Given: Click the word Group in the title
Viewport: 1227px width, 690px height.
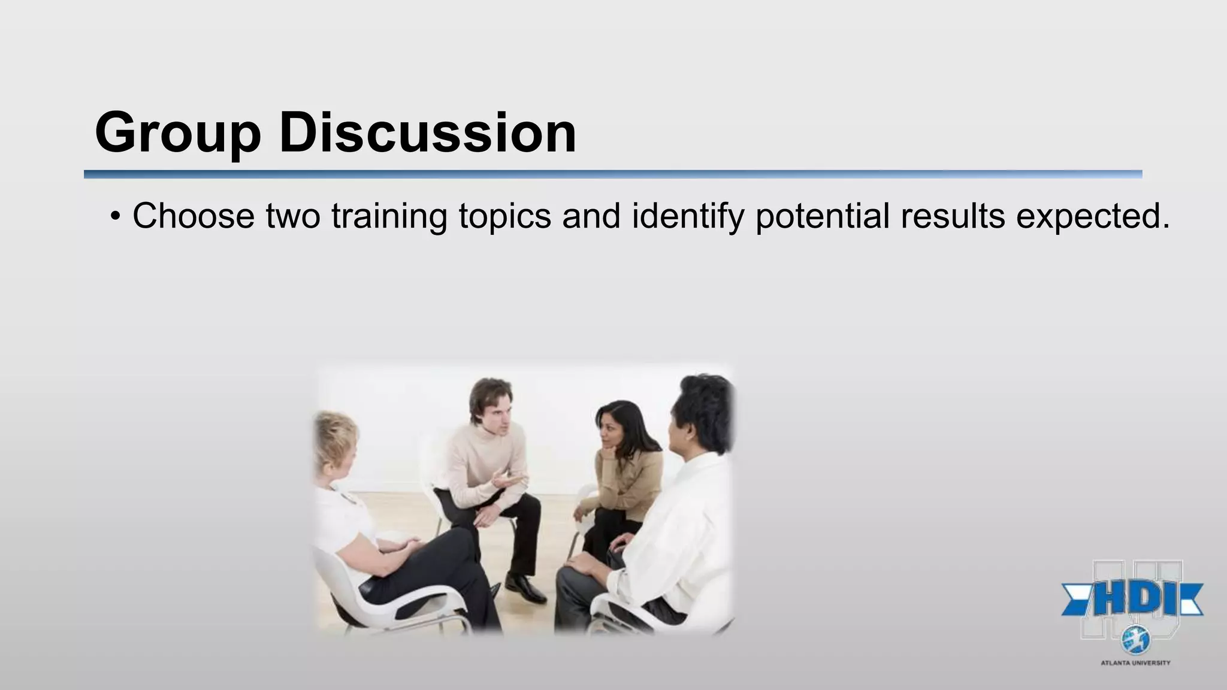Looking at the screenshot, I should pos(178,133).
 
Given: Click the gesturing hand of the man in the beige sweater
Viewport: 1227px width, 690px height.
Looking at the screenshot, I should pos(504,479).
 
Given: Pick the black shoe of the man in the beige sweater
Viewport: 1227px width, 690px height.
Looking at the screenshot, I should pos(525,588).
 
